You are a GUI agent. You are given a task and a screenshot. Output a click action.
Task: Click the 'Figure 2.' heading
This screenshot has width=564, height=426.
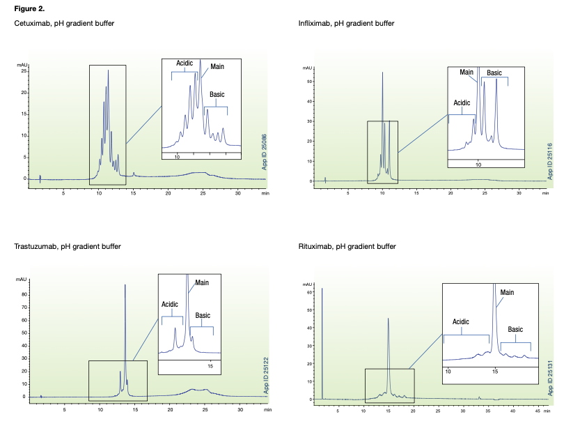click(x=30, y=8)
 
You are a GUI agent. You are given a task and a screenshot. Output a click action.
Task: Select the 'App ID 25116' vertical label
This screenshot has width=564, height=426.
click(x=549, y=162)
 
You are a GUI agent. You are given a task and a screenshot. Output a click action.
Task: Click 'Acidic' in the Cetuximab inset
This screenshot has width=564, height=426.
click(x=185, y=63)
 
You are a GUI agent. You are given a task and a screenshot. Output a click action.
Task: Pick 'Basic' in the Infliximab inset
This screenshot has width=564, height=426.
click(x=494, y=73)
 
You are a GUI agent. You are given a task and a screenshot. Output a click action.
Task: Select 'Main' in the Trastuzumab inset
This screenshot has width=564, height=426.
click(x=202, y=282)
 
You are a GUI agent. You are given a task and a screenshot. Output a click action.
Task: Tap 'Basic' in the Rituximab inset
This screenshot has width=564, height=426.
click(x=515, y=329)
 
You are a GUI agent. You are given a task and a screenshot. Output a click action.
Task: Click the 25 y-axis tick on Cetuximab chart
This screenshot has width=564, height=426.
click(x=24, y=71)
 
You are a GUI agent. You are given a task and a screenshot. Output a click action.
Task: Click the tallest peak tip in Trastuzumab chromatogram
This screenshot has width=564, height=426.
click(x=125, y=284)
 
